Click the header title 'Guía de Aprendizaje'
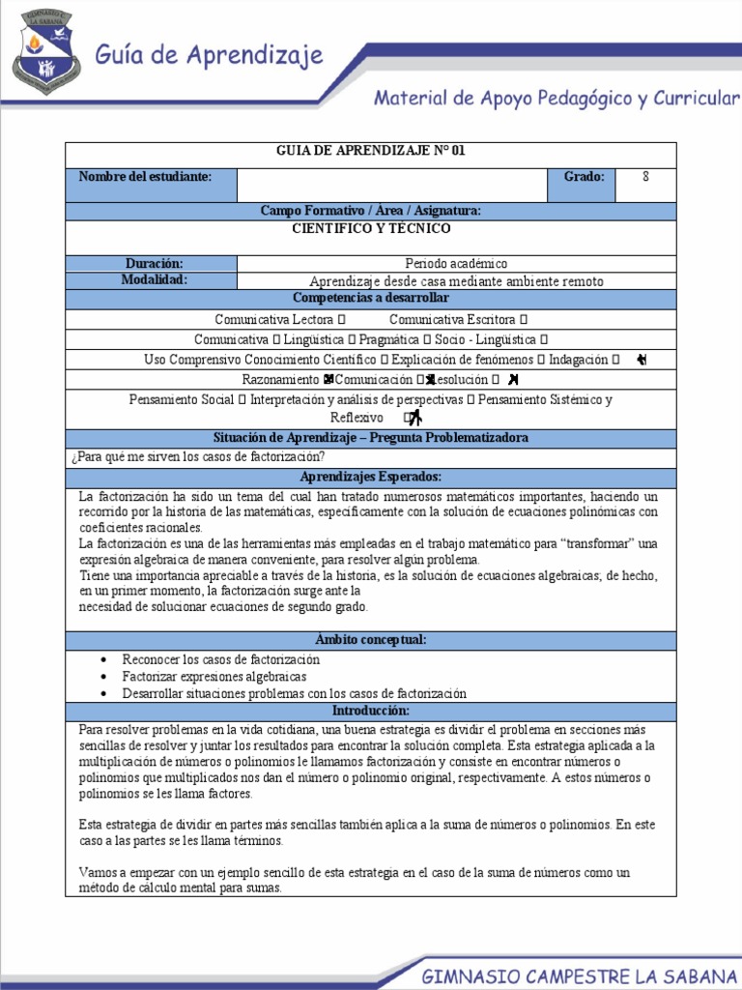(x=209, y=56)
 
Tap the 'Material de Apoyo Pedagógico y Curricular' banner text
(x=556, y=98)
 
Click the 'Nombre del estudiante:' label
(x=145, y=176)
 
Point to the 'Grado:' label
(x=584, y=176)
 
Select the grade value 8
(x=645, y=176)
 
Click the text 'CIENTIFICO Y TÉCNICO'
(x=371, y=229)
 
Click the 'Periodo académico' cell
(x=456, y=263)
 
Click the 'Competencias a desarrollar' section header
(x=371, y=298)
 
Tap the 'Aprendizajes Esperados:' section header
(x=371, y=477)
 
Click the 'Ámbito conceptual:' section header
(x=371, y=640)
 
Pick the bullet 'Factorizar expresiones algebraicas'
(x=214, y=676)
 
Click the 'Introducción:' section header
(x=371, y=711)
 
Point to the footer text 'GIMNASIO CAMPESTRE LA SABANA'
(x=575, y=977)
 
